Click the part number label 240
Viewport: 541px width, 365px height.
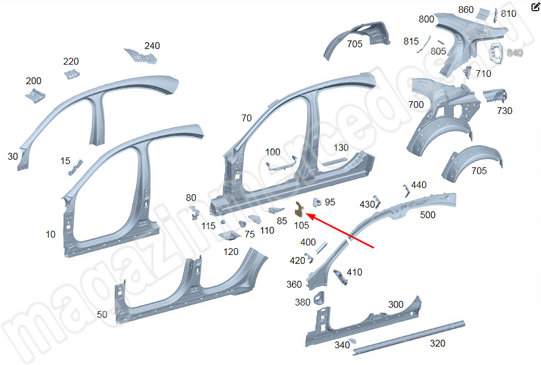point(152,46)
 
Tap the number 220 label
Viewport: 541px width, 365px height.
point(71,62)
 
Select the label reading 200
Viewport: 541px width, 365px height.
point(33,81)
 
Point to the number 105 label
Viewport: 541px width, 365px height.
point(301,225)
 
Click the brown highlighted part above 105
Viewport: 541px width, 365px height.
point(299,209)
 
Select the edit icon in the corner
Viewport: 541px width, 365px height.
point(535,7)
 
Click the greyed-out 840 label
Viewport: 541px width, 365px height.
point(515,52)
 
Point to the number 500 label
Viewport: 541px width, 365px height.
point(427,215)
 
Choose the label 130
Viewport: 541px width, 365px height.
point(341,148)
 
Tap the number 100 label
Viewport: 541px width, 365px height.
point(272,152)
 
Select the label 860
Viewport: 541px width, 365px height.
point(466,10)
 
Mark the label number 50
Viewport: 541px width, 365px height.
point(102,315)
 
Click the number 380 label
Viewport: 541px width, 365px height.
point(303,303)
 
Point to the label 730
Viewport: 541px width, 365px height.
point(504,111)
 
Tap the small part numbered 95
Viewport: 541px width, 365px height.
point(317,201)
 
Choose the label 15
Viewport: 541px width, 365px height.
point(66,161)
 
